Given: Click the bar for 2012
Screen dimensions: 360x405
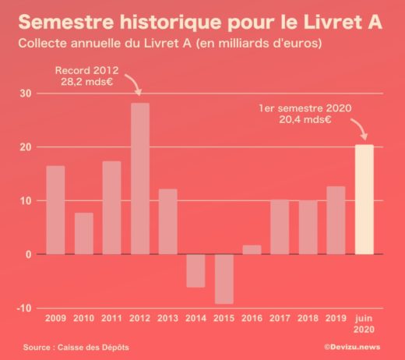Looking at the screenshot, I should tap(140, 178).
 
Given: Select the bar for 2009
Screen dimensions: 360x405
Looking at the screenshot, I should tap(55, 210).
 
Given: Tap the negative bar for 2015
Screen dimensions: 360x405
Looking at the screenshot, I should tap(224, 278).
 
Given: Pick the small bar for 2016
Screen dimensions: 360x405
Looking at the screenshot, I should tap(252, 249).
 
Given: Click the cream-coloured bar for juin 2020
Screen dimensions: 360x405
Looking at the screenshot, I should tap(364, 199).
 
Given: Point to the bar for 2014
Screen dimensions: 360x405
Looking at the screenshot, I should tap(196, 270).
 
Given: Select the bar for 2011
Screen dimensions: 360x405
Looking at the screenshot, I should tap(111, 207).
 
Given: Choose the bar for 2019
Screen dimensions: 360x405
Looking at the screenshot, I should tap(336, 220).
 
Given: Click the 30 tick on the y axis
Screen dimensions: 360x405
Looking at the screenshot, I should tap(26, 94).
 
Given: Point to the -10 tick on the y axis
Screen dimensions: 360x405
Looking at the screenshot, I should tap(24, 308).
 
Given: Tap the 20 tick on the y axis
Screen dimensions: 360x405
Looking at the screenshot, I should tap(26, 147).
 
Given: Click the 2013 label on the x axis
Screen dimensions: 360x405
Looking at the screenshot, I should tap(168, 319).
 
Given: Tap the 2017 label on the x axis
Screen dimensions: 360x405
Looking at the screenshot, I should tap(280, 319).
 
